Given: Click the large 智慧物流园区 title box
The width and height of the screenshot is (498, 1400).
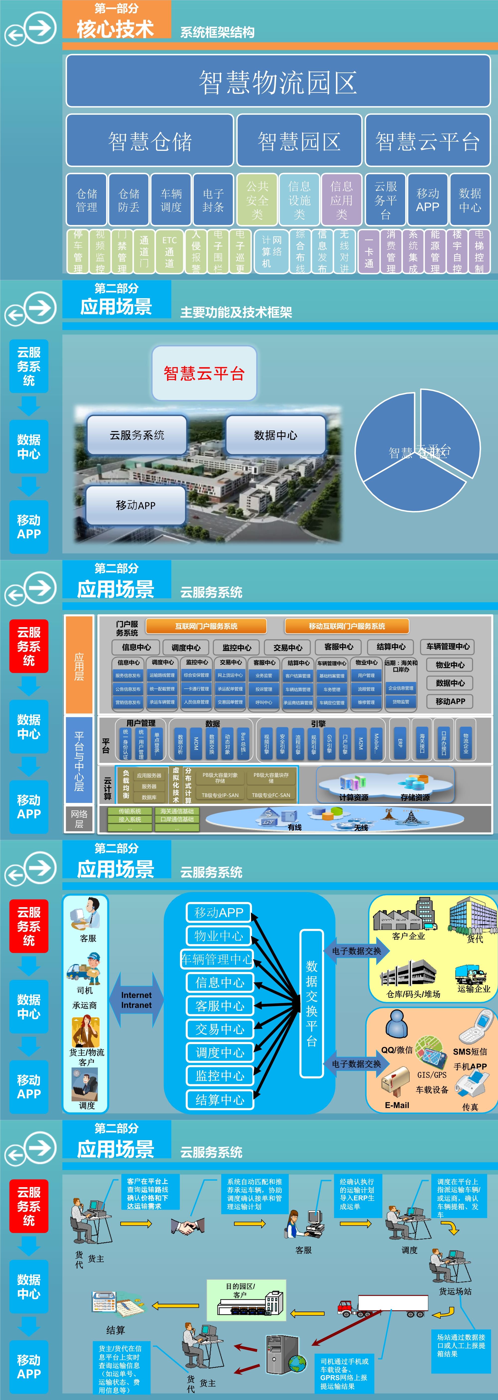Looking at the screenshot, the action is pyautogui.click(x=278, y=82).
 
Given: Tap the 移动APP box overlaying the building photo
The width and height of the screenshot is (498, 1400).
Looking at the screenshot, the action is pyautogui.click(x=136, y=505).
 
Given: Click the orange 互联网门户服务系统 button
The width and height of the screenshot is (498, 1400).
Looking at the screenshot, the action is pyautogui.click(x=206, y=626).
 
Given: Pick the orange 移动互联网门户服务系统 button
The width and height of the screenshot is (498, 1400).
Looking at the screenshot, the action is pyautogui.click(x=347, y=626).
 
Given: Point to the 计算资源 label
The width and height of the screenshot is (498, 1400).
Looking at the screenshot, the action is pyautogui.click(x=353, y=797).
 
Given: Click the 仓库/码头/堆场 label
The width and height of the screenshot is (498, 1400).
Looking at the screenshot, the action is pyautogui.click(x=413, y=994).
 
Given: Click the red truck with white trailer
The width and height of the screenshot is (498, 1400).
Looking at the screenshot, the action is pyautogui.click(x=380, y=1304).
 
